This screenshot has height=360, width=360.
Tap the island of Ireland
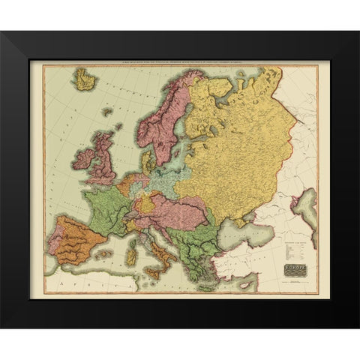[x=83, y=159]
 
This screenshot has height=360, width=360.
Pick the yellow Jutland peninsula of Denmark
[x=147, y=160]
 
